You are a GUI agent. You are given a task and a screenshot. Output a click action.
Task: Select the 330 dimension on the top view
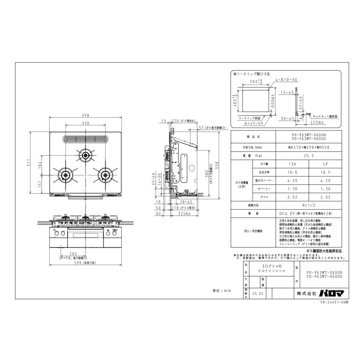86,123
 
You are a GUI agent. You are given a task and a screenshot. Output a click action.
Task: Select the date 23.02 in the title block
258,293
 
